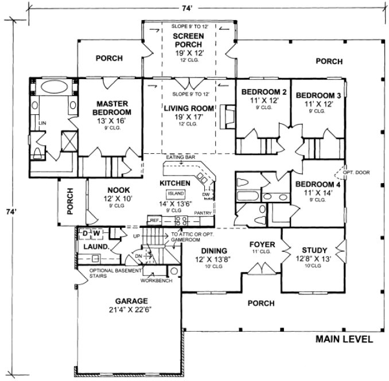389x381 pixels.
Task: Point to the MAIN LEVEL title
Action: click(x=344, y=339)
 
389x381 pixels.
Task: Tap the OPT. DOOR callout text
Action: click(x=356, y=173)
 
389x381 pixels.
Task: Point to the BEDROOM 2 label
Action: click(x=263, y=92)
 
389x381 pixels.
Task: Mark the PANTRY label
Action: click(x=204, y=212)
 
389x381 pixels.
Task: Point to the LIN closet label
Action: click(x=41, y=123)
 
